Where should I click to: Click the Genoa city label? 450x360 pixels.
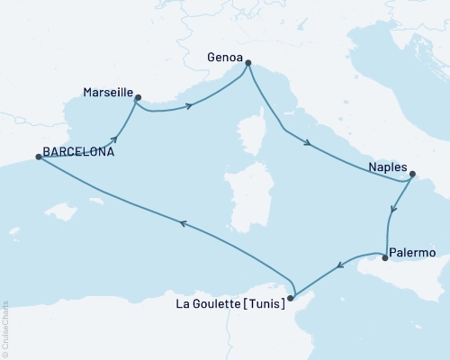click(225, 54)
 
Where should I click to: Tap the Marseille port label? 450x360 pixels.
click(108, 92)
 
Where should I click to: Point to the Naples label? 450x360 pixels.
click(388, 167)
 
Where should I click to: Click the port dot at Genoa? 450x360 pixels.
click(248, 63)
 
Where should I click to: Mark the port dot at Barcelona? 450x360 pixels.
click(38, 157)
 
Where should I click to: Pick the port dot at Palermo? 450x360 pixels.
click(385, 259)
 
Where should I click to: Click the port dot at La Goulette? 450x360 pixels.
click(290, 298)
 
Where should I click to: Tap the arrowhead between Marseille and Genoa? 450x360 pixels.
click(190, 106)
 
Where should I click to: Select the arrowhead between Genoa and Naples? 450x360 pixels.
click(309, 142)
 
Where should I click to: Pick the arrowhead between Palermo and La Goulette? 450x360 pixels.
click(338, 265)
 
